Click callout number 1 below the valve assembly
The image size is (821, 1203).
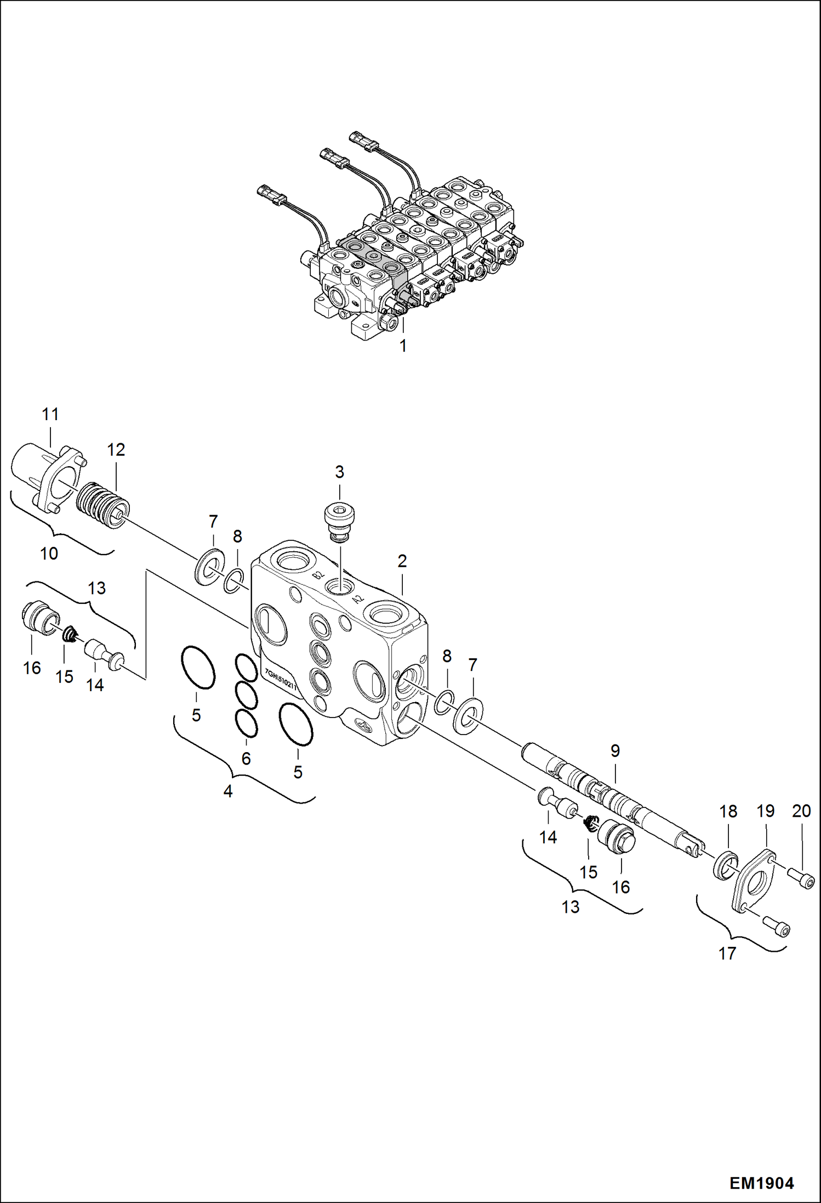(x=403, y=346)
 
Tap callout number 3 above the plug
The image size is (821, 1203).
(x=339, y=472)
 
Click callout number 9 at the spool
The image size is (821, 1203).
(x=615, y=750)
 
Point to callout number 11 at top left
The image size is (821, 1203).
(x=50, y=414)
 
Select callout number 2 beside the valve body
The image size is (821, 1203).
(x=402, y=561)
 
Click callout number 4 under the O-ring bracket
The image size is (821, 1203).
(x=228, y=792)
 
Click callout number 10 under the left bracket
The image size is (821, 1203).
(x=49, y=554)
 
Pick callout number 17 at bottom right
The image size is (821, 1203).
(x=727, y=953)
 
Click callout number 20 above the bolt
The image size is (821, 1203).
(x=801, y=811)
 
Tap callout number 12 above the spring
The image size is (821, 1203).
(x=116, y=450)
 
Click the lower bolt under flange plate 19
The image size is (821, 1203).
(x=778, y=928)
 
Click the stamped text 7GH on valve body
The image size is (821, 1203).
(x=269, y=673)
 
